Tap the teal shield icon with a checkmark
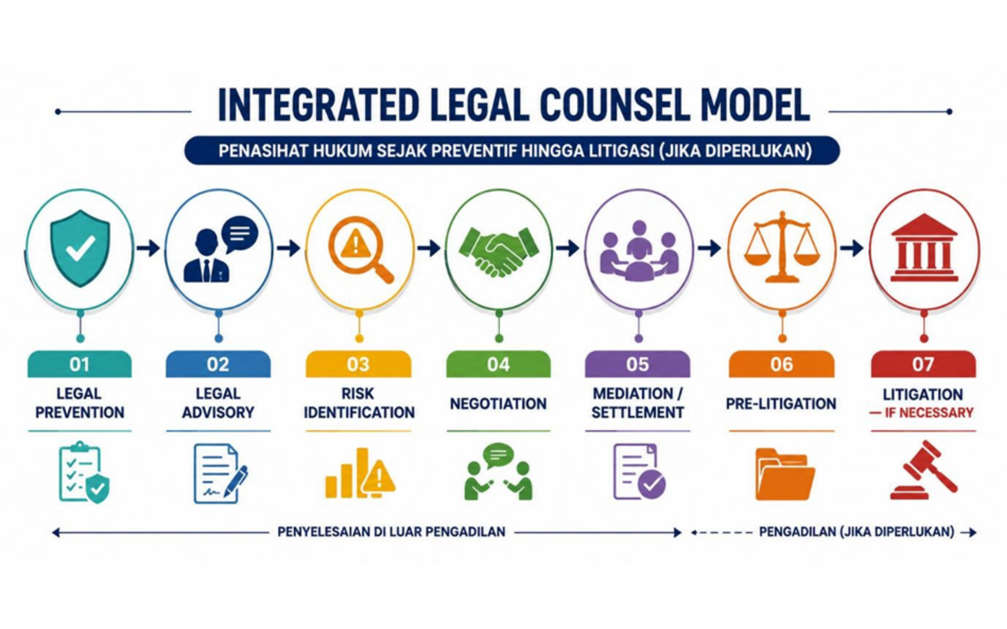coord(80,248)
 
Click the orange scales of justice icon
coord(782,247)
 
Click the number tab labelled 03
coord(358,364)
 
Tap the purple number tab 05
coord(637,364)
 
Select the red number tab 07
coord(923,364)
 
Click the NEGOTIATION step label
coord(498,404)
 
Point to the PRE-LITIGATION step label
coord(781,404)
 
